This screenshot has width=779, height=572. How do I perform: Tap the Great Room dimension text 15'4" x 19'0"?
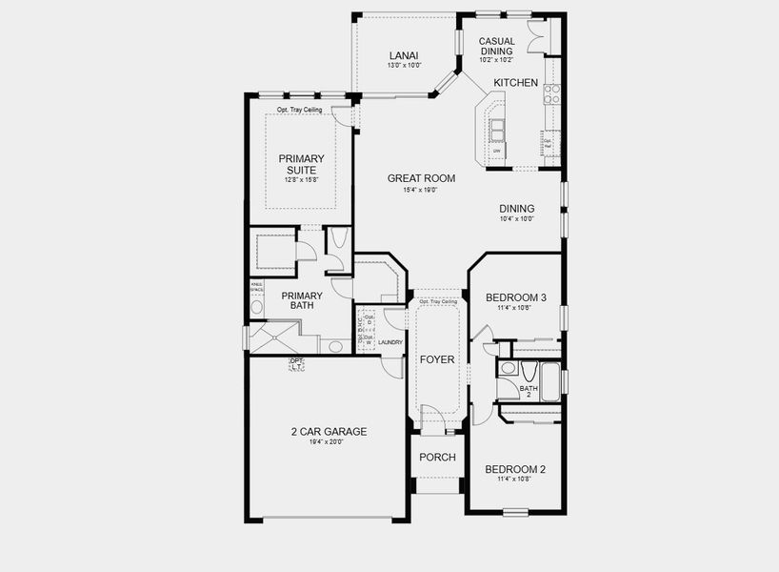(421, 190)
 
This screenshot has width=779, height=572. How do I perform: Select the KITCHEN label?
(515, 83)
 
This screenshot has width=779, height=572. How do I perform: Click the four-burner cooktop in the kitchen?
(552, 94)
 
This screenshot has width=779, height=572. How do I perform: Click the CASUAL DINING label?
(496, 46)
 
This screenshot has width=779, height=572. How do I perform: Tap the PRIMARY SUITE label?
(301, 164)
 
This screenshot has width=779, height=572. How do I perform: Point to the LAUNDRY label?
(390, 342)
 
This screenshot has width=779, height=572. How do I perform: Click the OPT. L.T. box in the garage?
(296, 364)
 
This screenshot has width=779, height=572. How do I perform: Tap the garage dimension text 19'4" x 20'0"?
(329, 442)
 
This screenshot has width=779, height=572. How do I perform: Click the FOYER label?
(438, 359)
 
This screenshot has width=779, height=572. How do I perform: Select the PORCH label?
(437, 458)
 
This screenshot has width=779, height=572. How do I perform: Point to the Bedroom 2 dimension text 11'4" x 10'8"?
(514, 480)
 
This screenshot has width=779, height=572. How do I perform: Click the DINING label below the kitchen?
(517, 209)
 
